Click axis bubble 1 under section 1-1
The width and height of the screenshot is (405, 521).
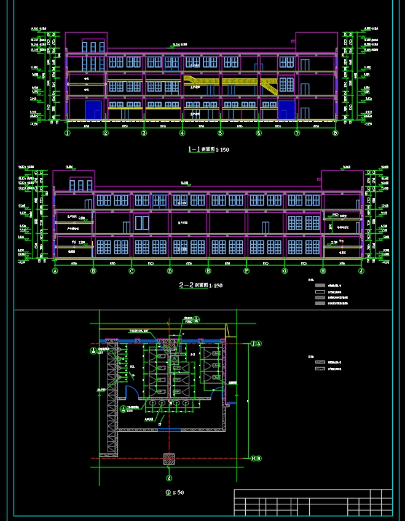pos(68,132)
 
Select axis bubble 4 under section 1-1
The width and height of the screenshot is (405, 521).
pos(182,132)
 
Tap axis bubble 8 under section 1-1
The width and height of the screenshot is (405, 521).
pos(335,132)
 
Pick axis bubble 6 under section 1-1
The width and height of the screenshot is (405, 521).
pos(259,132)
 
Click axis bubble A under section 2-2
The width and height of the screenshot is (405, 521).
pos(55,271)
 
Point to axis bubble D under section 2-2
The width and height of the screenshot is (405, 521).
pos(170,271)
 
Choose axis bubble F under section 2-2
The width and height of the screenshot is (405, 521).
pos(246,271)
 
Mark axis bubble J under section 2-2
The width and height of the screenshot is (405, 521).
pos(361,271)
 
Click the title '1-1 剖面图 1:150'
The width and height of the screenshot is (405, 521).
pos(208,149)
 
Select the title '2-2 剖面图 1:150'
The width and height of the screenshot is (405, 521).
pos(200,285)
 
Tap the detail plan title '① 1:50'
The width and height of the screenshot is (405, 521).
pos(175,492)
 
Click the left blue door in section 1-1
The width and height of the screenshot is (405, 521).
pos(93,110)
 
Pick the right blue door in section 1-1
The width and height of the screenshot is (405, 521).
pos(286,110)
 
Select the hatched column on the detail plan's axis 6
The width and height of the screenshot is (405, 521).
pos(169,458)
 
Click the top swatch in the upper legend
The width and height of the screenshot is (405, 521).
pos(319,285)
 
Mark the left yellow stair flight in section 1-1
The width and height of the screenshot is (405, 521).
pos(197,81)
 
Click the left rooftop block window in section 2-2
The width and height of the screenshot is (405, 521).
pos(81,185)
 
